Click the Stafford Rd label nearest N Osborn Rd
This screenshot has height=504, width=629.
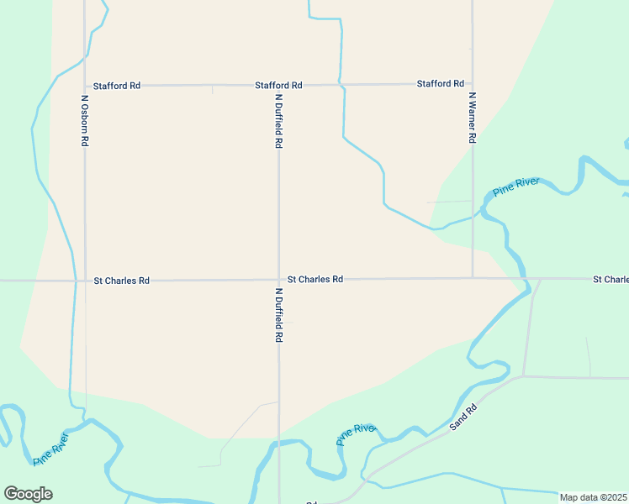coord(117,86)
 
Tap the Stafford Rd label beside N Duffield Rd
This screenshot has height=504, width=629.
coord(279,86)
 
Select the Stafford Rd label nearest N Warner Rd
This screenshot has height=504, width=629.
coord(441,84)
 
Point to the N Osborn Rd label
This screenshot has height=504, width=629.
coord(84,121)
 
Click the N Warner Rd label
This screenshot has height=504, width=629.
coord(473,117)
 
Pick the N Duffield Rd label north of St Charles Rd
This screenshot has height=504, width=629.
coord(278,121)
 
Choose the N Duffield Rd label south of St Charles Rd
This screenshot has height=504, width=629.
coord(278,315)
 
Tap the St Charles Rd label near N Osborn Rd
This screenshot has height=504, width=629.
coord(121,281)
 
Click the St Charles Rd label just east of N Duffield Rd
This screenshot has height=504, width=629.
coord(315,279)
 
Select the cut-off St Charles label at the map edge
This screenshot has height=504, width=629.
coord(610,279)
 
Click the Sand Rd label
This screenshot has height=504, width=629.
coord(463,417)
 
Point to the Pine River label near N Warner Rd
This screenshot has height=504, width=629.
coord(515,186)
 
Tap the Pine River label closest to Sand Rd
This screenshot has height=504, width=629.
coord(356,434)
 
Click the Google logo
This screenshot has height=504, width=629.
coord(28,494)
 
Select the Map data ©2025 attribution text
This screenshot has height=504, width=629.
coord(594,497)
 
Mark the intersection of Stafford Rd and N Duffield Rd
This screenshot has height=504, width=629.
coord(278,86)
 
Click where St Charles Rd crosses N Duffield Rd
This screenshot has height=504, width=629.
coord(279,280)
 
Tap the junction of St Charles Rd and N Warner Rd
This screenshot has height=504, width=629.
coord(473,278)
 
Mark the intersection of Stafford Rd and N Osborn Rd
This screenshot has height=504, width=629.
coord(85,86)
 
